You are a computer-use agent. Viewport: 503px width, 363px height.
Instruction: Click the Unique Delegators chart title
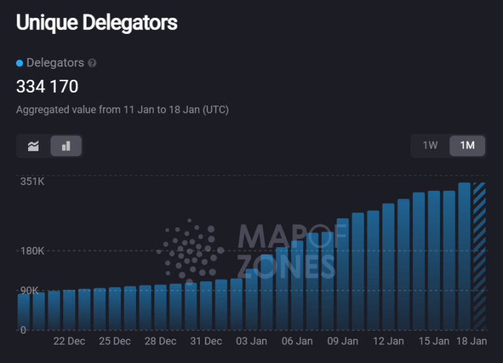point(96,23)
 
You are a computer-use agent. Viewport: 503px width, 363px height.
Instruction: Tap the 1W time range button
point(430,145)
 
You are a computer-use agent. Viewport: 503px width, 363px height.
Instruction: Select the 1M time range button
point(467,145)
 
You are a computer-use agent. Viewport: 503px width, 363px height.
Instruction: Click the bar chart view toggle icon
point(66,146)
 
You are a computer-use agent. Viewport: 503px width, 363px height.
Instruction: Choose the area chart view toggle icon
point(33,146)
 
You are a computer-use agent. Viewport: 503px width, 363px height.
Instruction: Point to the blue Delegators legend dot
point(19,63)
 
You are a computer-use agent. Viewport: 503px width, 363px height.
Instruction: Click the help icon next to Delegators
point(93,63)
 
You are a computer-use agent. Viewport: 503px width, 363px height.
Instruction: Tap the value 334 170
point(47,87)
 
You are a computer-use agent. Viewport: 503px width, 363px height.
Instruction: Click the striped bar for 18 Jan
point(479,255)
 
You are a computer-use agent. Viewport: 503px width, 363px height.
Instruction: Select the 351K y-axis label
point(32,182)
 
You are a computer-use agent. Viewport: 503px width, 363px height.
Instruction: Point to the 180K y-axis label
point(32,251)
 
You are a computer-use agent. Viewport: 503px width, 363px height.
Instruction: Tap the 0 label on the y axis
point(23,330)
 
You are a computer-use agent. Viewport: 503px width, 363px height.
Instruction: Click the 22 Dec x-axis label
point(69,341)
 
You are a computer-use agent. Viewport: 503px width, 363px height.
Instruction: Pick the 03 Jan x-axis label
point(251,341)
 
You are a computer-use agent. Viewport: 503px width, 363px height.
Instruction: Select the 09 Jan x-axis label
point(343,341)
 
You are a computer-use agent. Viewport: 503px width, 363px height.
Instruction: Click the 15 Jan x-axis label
point(434,341)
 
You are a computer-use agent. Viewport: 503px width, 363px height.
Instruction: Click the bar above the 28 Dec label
point(160,307)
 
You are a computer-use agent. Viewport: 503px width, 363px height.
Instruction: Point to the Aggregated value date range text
point(123,110)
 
